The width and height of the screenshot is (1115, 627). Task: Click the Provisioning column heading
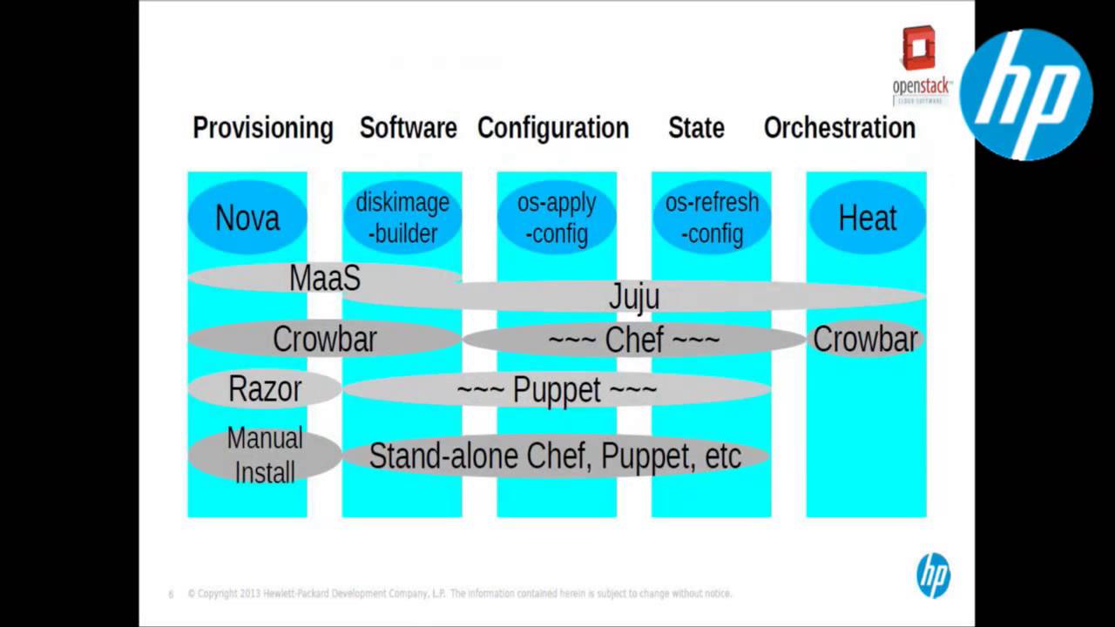click(262, 128)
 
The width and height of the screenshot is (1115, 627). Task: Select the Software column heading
click(408, 128)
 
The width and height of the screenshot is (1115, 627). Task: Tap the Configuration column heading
click(552, 128)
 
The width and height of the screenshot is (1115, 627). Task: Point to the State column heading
click(695, 128)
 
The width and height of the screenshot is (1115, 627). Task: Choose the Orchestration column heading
click(839, 128)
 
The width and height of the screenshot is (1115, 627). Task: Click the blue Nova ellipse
click(247, 218)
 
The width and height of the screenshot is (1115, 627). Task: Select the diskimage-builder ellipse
click(402, 218)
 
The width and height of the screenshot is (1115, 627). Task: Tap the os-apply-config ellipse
click(557, 218)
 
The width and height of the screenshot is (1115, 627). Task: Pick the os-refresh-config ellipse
click(712, 218)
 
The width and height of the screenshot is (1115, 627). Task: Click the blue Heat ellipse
click(867, 218)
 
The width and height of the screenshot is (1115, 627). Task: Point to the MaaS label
click(324, 279)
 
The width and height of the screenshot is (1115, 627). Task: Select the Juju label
click(633, 297)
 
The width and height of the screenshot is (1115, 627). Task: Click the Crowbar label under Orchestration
click(865, 339)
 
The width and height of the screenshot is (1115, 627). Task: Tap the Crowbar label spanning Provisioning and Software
click(324, 339)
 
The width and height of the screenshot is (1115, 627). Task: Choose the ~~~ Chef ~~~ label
click(633, 340)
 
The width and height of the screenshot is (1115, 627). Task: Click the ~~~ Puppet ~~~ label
click(557, 389)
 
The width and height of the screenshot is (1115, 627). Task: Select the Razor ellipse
click(264, 388)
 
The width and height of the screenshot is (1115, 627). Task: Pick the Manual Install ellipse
click(264, 455)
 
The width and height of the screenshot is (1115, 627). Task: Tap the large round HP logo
click(1025, 94)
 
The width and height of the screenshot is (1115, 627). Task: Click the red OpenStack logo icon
click(918, 49)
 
